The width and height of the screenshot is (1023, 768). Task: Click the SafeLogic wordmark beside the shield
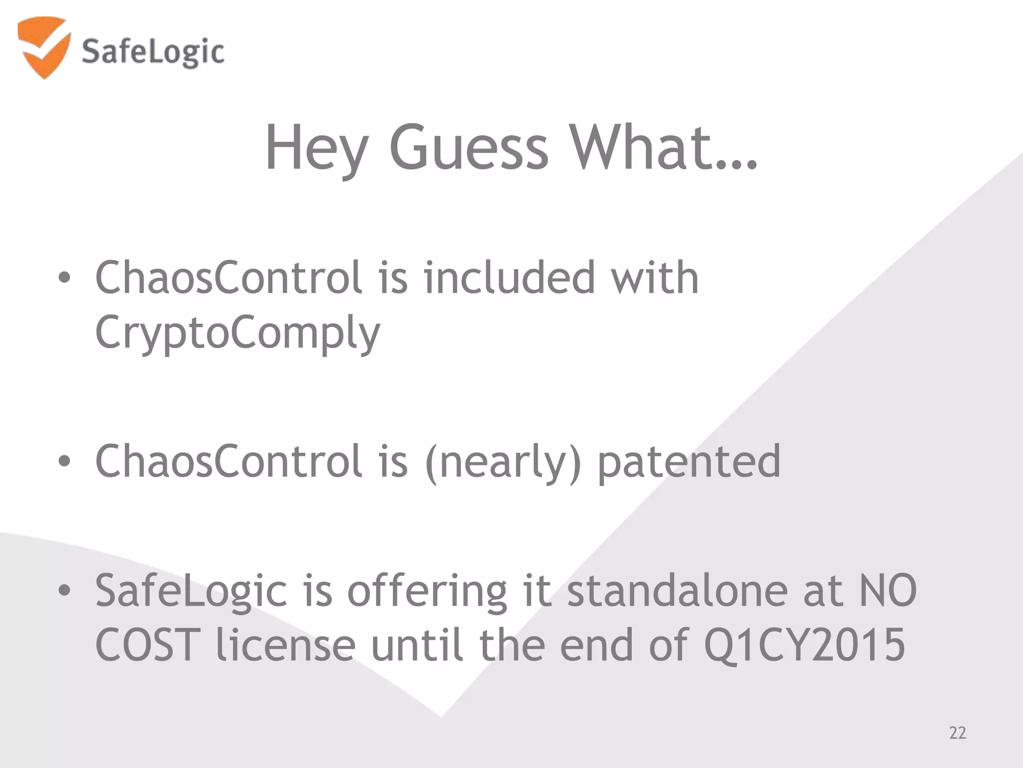click(x=153, y=52)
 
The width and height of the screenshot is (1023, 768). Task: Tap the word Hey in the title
click(x=316, y=148)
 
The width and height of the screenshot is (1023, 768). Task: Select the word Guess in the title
click(x=469, y=147)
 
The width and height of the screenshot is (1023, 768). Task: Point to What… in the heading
click(x=663, y=147)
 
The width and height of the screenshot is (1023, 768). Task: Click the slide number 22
click(x=958, y=733)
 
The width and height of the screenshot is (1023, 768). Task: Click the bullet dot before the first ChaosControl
click(x=64, y=278)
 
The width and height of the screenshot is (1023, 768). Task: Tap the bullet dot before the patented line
click(x=64, y=461)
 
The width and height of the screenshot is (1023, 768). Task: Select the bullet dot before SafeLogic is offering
click(x=64, y=591)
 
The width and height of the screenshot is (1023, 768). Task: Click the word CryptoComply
click(x=238, y=333)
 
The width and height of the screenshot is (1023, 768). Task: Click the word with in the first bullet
click(x=655, y=278)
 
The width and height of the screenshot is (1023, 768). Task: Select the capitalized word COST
click(x=147, y=645)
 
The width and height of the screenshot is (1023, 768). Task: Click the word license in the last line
click(x=286, y=645)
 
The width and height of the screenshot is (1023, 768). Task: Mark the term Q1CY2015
click(x=804, y=645)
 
